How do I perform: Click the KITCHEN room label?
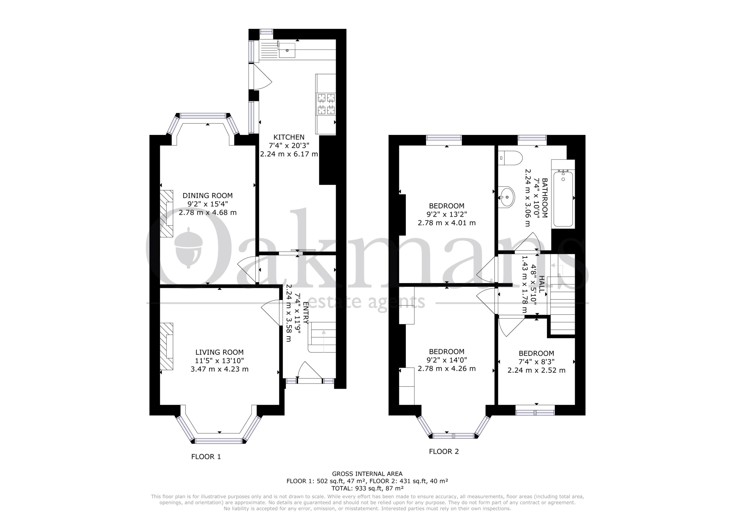(x=289, y=137)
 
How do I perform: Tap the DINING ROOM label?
(x=208, y=195)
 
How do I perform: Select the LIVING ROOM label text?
(x=220, y=353)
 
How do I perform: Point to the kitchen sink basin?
(x=287, y=50)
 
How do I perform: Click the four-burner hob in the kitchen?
(x=326, y=104)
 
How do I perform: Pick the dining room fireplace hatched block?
(x=167, y=214)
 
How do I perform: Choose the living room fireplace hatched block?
(x=167, y=346)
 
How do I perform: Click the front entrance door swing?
(x=310, y=371)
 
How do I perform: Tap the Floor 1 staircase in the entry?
(x=322, y=337)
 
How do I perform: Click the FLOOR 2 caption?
(x=444, y=451)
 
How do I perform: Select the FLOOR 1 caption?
(x=206, y=457)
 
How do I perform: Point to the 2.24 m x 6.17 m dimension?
(x=289, y=154)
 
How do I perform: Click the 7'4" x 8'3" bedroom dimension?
(x=537, y=362)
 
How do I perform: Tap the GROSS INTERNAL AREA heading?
(x=367, y=473)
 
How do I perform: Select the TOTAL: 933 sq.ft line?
(x=367, y=488)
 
